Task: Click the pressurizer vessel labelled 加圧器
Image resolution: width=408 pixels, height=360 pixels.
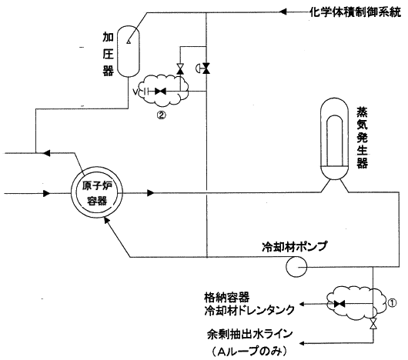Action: pyautogui.click(x=129, y=52)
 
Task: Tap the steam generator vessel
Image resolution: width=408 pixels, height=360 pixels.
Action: pyautogui.click(x=335, y=138)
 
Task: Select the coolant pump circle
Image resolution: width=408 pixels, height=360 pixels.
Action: pyautogui.click(x=296, y=267)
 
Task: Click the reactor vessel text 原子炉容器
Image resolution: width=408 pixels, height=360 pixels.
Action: pyautogui.click(x=97, y=193)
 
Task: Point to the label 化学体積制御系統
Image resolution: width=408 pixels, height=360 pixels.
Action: pyautogui.click(x=355, y=12)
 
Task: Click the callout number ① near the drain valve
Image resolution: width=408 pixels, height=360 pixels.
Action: pyautogui.click(x=392, y=303)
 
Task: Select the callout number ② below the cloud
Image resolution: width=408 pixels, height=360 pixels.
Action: pyautogui.click(x=162, y=115)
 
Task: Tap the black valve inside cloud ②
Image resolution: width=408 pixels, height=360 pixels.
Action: pyautogui.click(x=160, y=92)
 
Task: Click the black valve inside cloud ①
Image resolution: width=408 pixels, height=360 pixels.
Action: pyautogui.click(x=339, y=304)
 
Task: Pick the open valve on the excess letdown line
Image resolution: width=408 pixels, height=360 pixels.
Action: pyautogui.click(x=373, y=324)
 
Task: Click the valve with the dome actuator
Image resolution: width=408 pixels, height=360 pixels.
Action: pyautogui.click(x=206, y=68)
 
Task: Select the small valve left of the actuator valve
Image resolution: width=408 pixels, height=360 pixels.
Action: pyautogui.click(x=180, y=68)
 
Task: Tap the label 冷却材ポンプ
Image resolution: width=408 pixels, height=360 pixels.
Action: pyautogui.click(x=294, y=247)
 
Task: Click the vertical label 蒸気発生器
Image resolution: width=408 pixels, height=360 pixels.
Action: pyautogui.click(x=362, y=138)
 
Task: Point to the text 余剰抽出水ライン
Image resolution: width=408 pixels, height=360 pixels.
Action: pyautogui.click(x=249, y=335)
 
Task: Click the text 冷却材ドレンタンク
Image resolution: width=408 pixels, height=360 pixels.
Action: pyautogui.click(x=249, y=310)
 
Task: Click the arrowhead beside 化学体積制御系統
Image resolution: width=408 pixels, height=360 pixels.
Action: pyautogui.click(x=283, y=12)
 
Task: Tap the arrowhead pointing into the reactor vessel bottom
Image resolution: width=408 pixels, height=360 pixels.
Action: pyautogui.click(x=106, y=221)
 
